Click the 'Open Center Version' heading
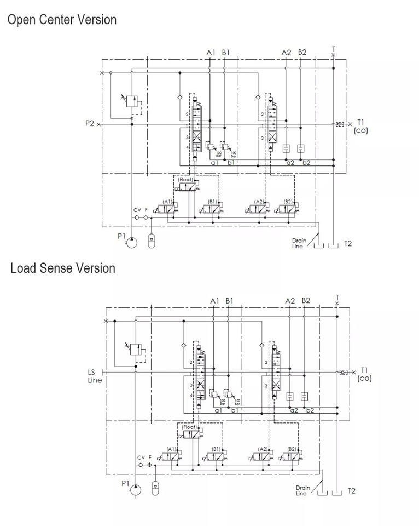pyautogui.click(x=62, y=20)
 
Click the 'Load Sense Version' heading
pyautogui.click(x=63, y=268)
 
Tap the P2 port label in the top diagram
pyautogui.click(x=90, y=124)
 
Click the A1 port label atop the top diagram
pyautogui.click(x=211, y=53)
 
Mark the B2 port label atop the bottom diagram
pyautogui.click(x=305, y=301)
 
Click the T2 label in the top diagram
pyautogui.click(x=348, y=243)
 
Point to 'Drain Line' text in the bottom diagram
pyautogui.click(x=302, y=490)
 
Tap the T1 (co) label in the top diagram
pyautogui.click(x=362, y=126)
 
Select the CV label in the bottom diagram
pyautogui.click(x=141, y=458)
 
